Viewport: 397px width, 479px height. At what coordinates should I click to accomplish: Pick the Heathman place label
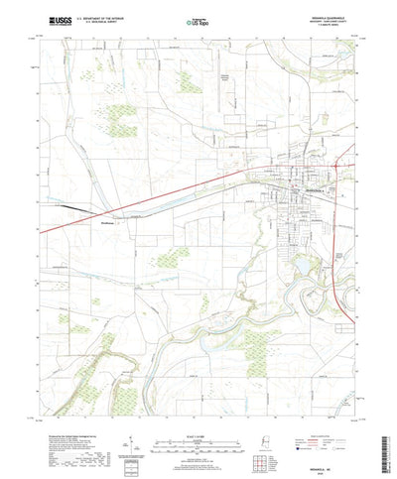112,223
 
